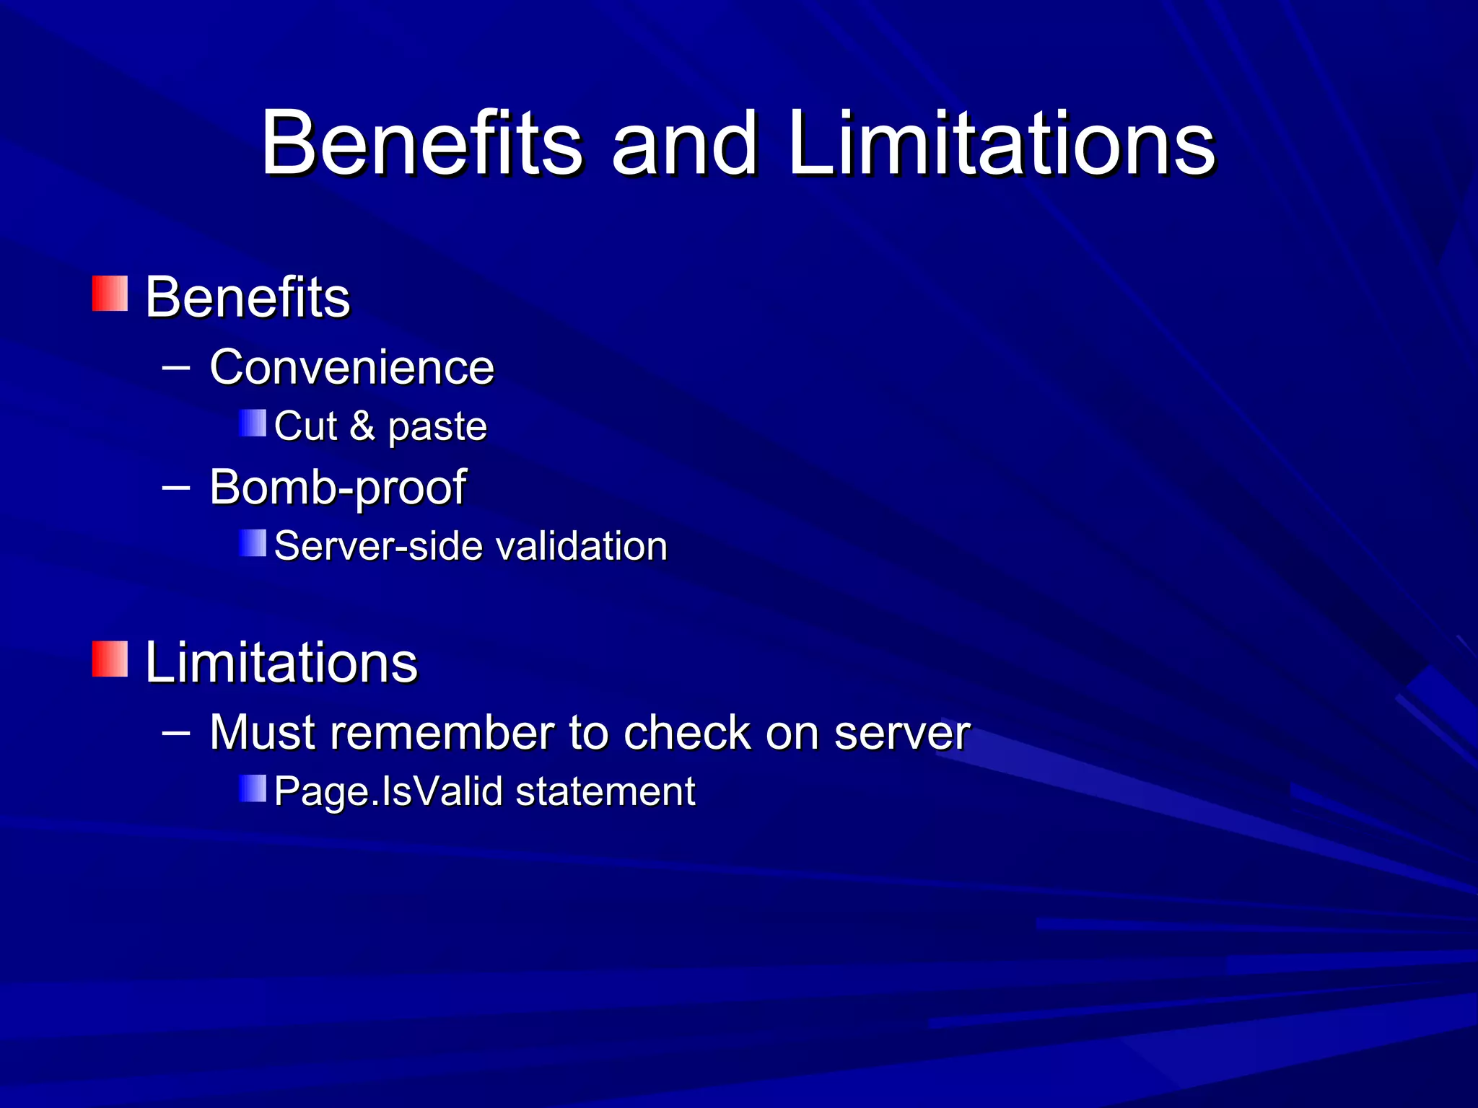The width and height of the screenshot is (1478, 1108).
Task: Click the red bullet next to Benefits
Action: [110, 294]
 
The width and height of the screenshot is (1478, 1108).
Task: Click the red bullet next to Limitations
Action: [110, 659]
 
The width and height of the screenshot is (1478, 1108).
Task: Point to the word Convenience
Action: [351, 367]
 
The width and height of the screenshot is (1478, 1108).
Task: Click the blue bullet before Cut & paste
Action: [253, 423]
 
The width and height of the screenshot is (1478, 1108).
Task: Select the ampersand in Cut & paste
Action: [362, 426]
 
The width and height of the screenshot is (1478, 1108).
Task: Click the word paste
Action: [437, 427]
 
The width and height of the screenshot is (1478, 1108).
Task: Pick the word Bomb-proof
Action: [337, 488]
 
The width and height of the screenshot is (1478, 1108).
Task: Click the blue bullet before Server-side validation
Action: [253, 543]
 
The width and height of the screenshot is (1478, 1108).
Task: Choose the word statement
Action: [605, 791]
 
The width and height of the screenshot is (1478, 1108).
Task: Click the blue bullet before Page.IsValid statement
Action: [253, 788]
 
